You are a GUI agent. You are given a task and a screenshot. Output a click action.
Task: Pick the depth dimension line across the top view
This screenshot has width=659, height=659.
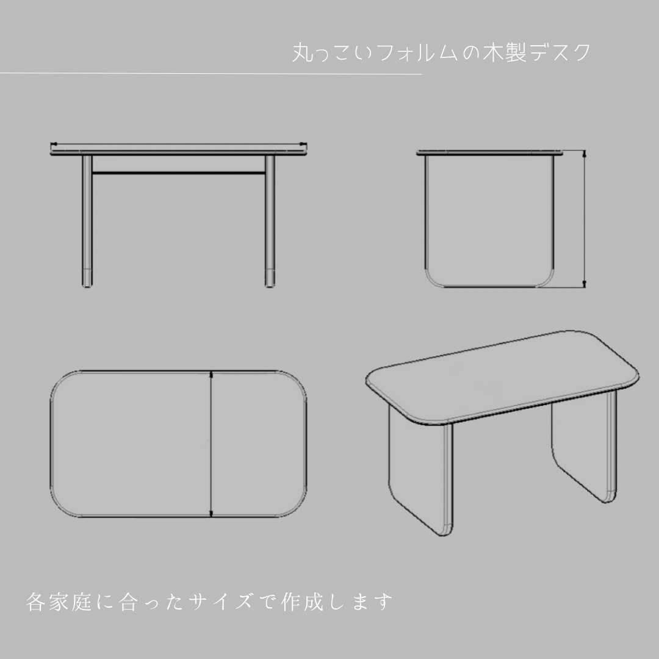(211, 443)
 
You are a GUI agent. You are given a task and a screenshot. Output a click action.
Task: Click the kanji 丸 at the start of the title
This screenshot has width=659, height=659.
(301, 52)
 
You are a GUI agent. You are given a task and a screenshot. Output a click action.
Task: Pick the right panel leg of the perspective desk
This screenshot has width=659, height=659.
(583, 452)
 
